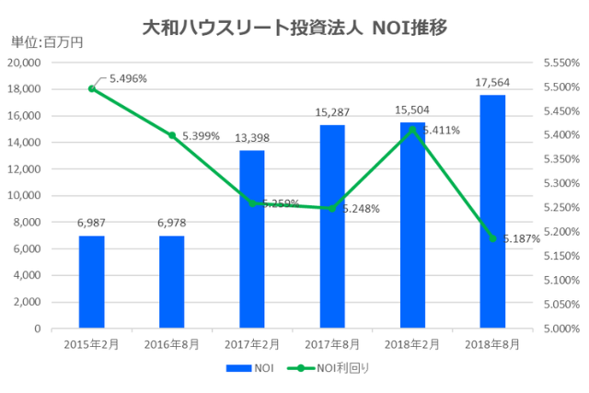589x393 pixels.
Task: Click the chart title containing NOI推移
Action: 294,27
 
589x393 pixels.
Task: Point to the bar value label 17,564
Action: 492,83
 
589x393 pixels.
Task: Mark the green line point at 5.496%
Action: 91,88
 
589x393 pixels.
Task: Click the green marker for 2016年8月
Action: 171,135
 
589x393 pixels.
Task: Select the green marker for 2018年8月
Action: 492,238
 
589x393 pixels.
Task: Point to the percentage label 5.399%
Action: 201,135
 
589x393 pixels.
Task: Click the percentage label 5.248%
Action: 361,209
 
